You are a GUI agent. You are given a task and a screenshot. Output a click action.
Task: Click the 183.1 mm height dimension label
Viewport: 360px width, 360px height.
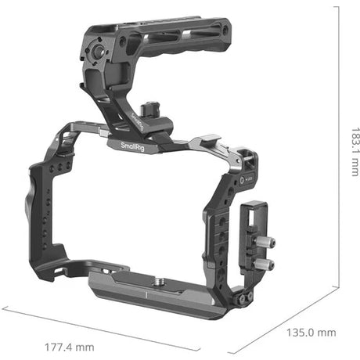(355, 152)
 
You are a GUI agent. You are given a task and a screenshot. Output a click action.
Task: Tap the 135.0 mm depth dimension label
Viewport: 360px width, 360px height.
(311, 333)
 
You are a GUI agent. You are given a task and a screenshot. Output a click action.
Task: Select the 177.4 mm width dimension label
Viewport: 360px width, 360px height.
(70, 347)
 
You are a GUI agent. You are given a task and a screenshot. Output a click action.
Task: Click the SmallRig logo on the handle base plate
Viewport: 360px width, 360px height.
(132, 147)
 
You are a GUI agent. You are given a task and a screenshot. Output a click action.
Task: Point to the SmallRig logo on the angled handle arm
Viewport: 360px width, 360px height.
(137, 122)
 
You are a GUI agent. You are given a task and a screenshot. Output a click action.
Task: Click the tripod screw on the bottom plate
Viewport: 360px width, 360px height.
(158, 282)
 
